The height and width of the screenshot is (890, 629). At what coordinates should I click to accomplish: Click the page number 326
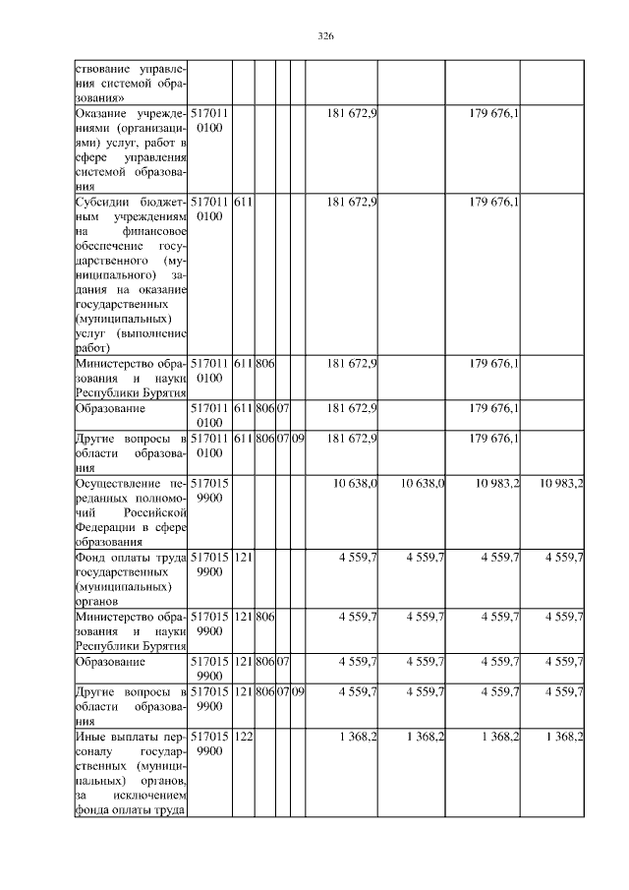tap(326, 36)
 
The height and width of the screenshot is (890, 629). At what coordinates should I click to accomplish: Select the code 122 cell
tap(245, 736)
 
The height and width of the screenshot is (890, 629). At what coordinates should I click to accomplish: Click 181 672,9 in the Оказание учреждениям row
tap(351, 114)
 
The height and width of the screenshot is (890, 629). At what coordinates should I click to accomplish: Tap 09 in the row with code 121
tap(298, 691)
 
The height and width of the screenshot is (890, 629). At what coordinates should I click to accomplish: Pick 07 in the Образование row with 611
tap(282, 408)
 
